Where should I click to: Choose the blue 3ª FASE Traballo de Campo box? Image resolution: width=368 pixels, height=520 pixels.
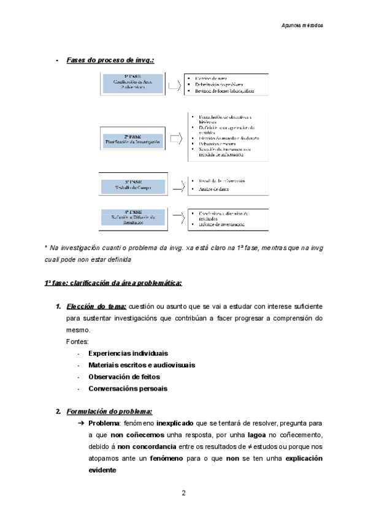point(133,186)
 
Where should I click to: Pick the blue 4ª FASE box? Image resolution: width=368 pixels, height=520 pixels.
point(133,218)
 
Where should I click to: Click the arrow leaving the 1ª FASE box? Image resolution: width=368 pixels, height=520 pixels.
point(176,84)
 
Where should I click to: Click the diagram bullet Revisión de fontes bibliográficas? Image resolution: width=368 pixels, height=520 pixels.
point(224,91)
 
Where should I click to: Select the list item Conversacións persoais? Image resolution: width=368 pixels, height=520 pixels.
point(128,388)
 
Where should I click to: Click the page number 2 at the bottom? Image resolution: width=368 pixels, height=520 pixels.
point(183,493)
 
